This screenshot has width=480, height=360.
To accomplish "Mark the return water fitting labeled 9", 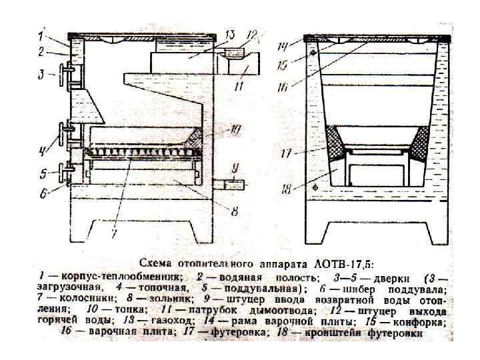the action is (x=234, y=184).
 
